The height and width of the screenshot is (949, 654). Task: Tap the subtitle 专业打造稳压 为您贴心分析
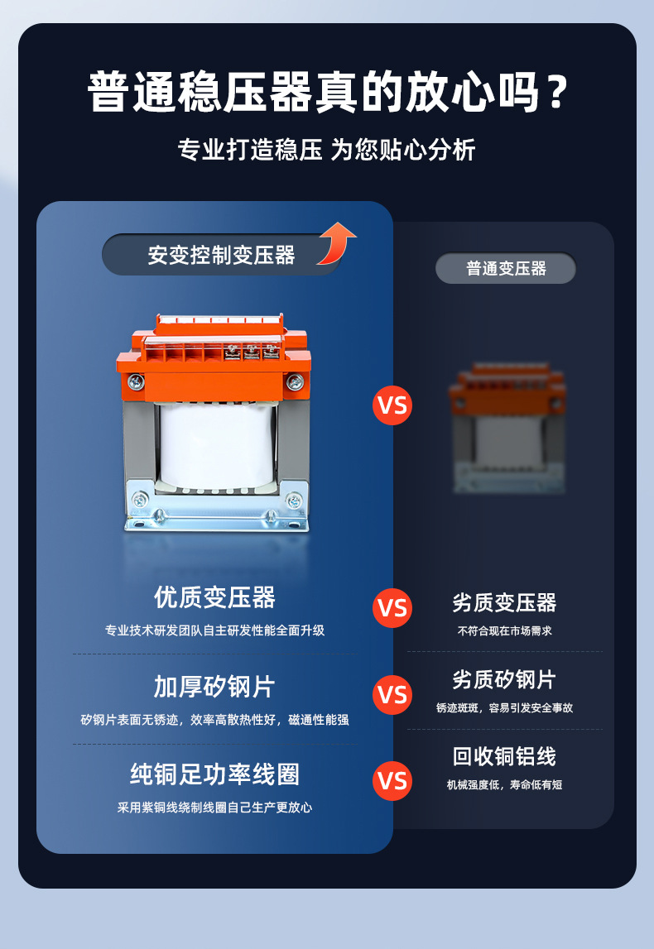[x=327, y=150]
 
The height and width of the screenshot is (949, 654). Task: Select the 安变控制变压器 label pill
[x=221, y=255]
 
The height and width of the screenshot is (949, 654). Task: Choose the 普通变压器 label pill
[x=506, y=268]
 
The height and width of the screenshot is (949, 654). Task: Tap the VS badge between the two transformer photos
[x=392, y=405]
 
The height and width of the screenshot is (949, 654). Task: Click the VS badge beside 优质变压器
[x=392, y=608]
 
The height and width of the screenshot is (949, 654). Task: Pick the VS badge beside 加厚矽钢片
[x=392, y=694]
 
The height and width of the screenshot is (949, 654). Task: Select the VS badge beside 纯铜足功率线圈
[x=392, y=781]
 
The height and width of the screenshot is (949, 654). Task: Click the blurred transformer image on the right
[x=506, y=428]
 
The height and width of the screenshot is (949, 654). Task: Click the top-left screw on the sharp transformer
[x=136, y=381]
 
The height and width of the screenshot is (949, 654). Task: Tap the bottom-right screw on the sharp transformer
[x=293, y=501]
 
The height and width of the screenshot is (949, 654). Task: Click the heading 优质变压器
[x=214, y=597]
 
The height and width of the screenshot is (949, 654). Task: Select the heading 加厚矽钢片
[x=214, y=687]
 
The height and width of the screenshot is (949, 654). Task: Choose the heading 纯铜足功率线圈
[x=214, y=774]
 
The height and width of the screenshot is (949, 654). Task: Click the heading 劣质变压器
[x=504, y=602]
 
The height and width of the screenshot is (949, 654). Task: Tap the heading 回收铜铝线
[x=504, y=756]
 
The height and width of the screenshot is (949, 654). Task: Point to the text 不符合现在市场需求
[x=504, y=630]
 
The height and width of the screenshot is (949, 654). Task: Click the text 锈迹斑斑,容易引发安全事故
[x=504, y=708]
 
